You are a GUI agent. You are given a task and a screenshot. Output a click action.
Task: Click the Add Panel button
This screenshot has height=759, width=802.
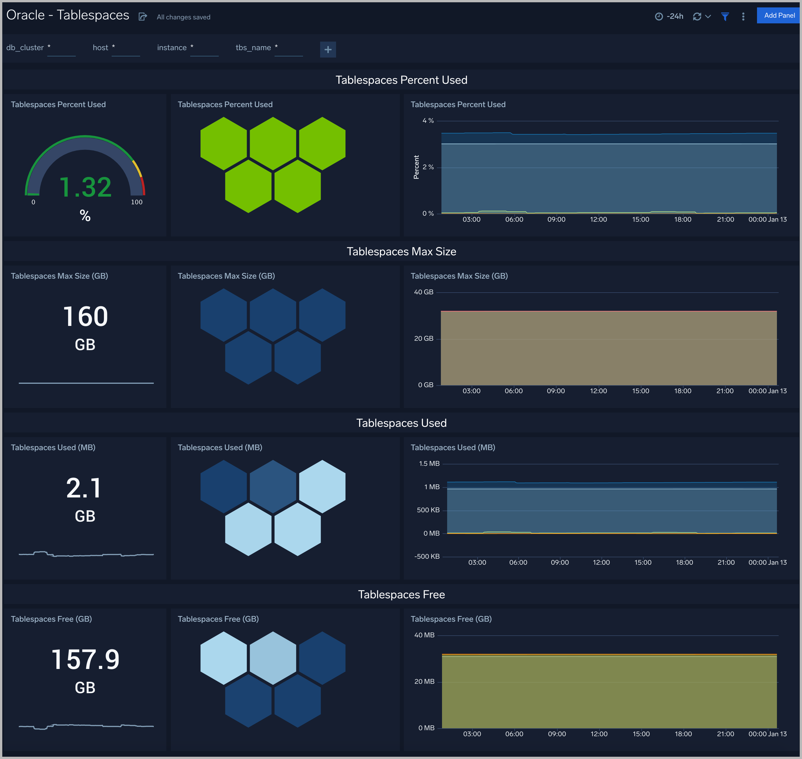pos(779,15)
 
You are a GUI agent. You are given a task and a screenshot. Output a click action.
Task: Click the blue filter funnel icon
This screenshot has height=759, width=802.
pos(725,17)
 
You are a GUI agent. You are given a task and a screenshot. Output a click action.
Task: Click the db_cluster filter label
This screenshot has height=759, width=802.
pos(25,48)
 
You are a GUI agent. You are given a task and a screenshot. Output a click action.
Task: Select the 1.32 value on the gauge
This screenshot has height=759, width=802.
pos(85,187)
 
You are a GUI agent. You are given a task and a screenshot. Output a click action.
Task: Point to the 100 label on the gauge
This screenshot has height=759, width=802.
pos(137,202)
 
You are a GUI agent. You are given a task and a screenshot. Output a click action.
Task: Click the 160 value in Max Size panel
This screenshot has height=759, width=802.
pos(85,316)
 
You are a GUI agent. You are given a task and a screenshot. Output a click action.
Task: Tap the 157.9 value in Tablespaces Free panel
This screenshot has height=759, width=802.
pos(85,660)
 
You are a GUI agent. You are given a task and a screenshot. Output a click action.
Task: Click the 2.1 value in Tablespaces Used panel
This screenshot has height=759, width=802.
pos(84,488)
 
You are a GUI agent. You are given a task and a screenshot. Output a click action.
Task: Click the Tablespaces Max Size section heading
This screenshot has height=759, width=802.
pos(401,252)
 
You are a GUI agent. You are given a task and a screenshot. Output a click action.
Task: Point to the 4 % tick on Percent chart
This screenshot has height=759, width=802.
pos(428,121)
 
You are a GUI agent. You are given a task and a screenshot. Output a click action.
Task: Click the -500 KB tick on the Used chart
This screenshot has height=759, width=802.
pos(427,556)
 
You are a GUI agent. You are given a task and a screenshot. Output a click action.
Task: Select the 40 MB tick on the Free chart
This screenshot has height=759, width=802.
pos(424,635)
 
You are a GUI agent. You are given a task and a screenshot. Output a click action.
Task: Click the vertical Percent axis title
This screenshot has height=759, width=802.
pos(416,167)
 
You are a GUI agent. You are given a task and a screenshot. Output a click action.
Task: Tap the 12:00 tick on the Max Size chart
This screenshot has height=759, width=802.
pos(598,391)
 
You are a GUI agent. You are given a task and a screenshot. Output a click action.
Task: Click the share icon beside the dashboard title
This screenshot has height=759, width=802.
pos(143,17)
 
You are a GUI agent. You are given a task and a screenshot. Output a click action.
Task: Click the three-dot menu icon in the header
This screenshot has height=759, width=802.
pos(743,17)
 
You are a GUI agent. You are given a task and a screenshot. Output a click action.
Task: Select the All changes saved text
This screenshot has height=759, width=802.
pos(184,17)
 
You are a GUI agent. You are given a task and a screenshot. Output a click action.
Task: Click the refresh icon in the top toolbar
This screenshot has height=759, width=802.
pos(697,17)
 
